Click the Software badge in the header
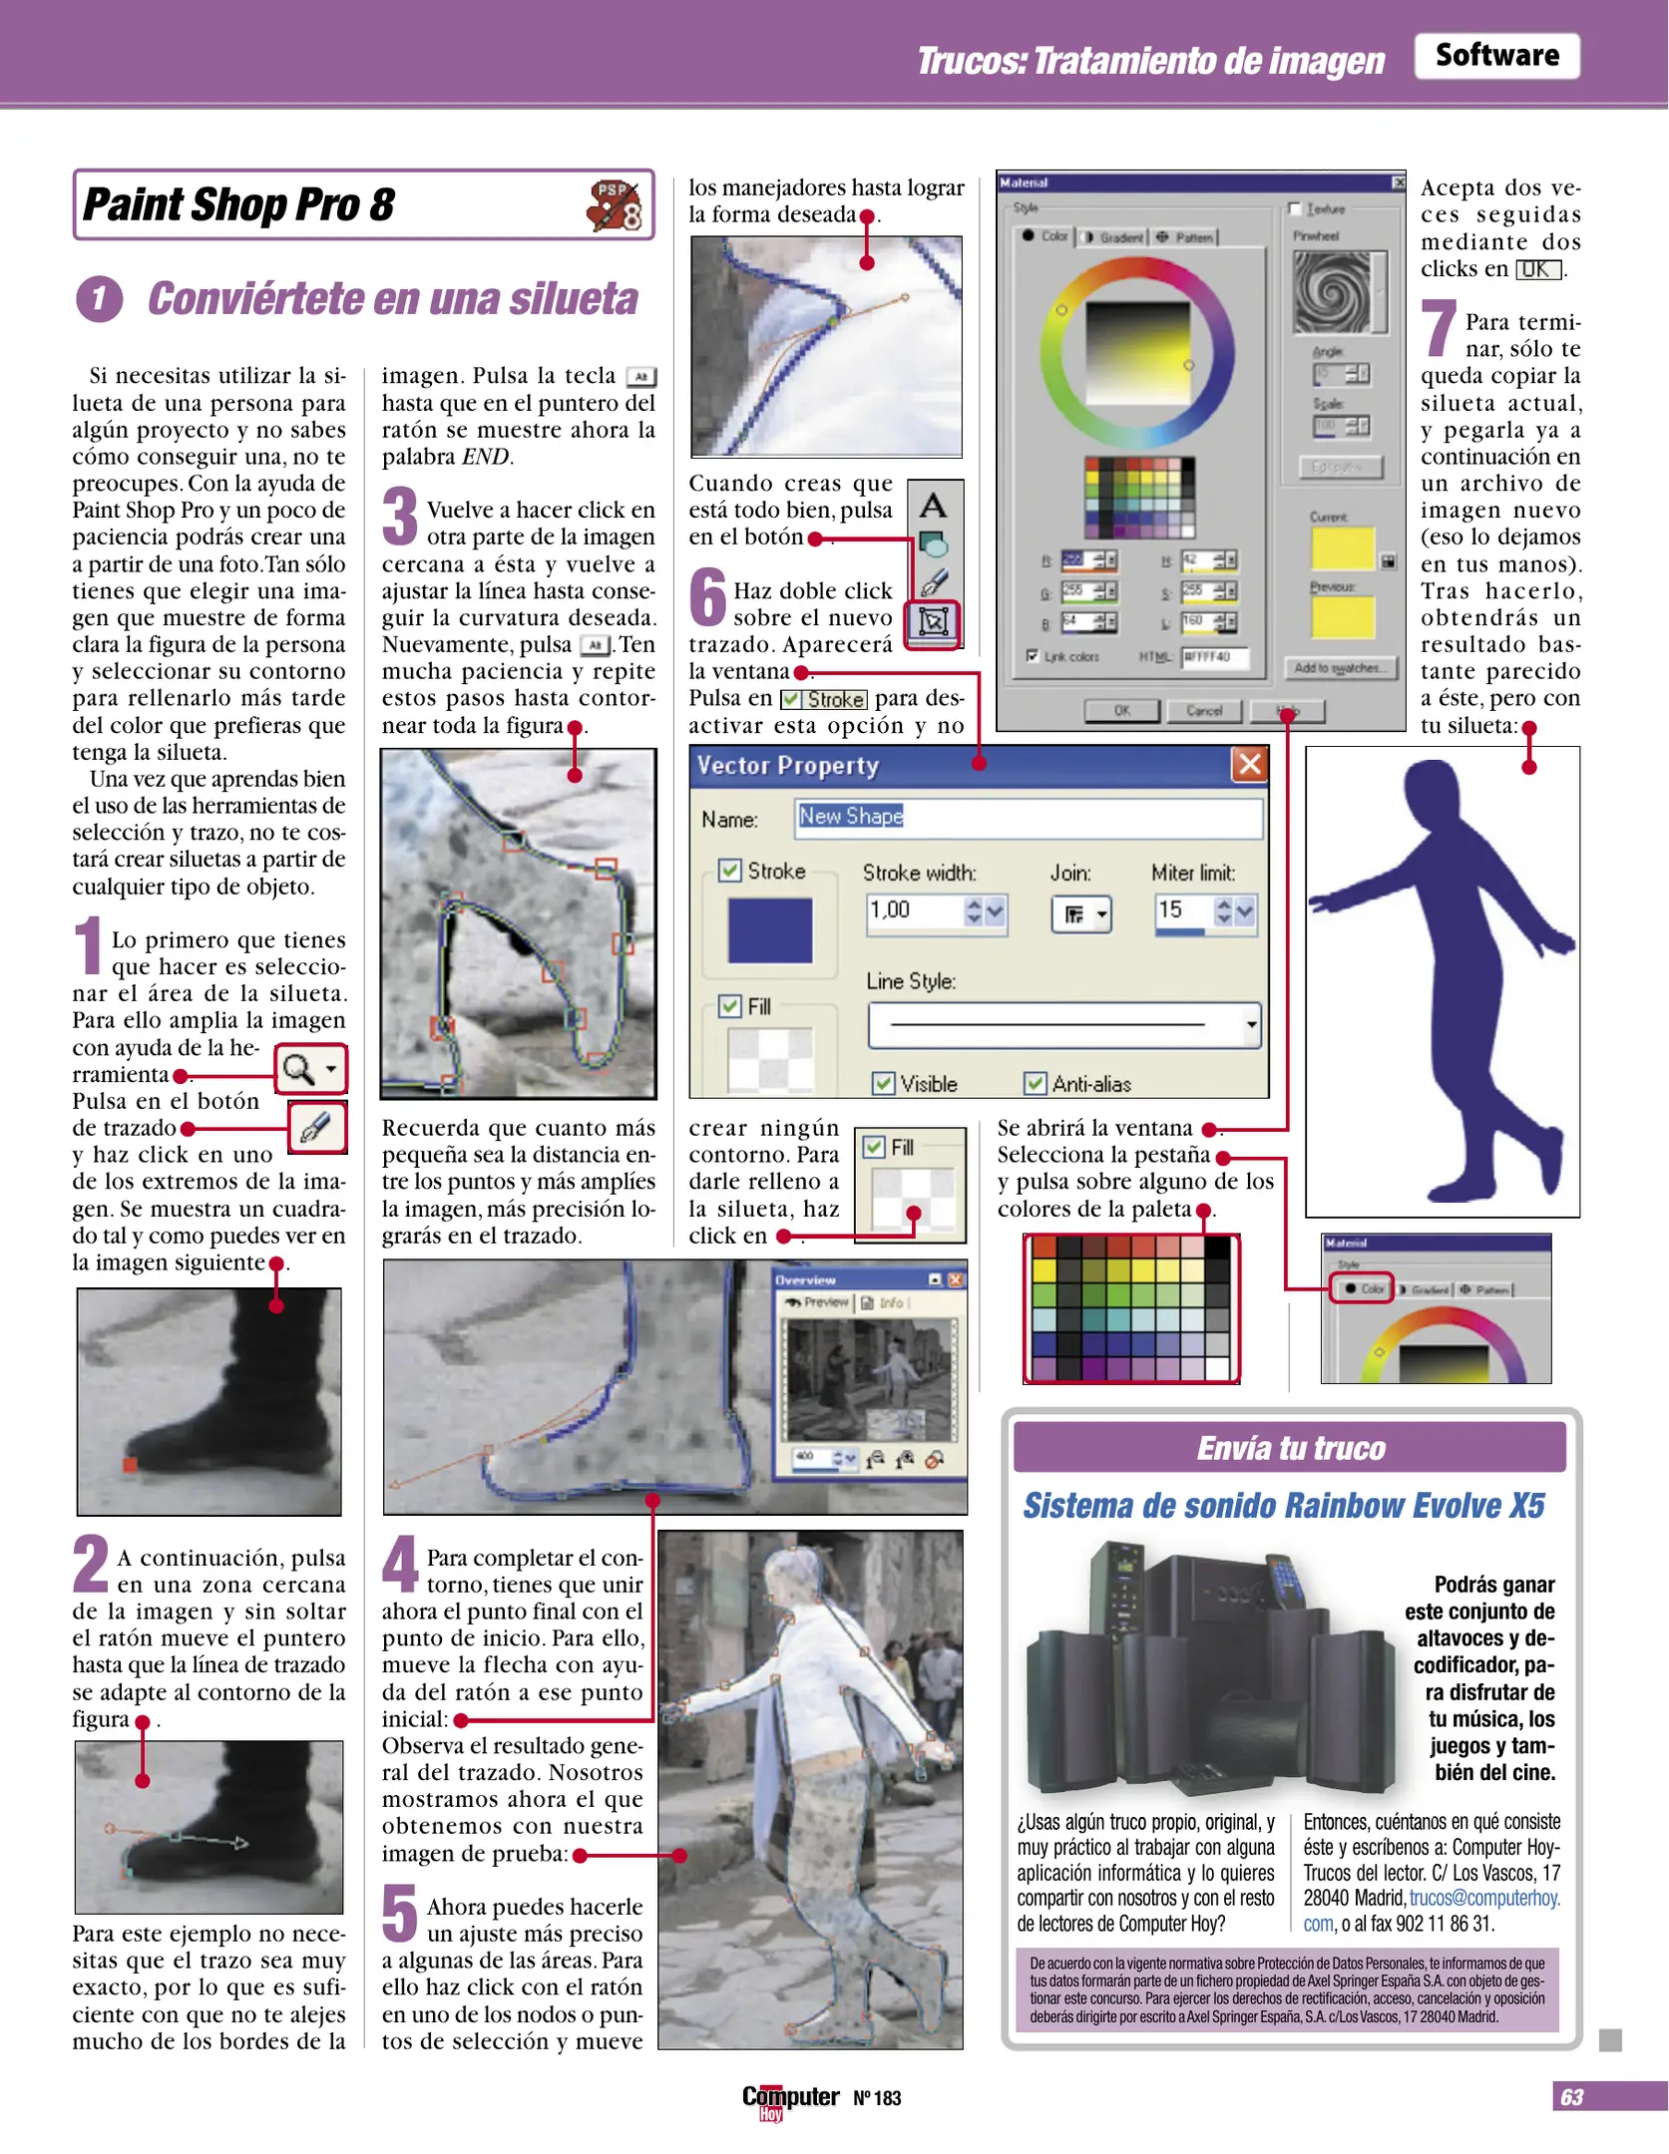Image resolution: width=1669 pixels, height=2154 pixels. click(x=1495, y=56)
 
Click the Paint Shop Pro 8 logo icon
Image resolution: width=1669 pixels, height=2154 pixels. click(x=614, y=205)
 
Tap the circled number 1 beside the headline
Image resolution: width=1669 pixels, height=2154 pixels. click(x=99, y=299)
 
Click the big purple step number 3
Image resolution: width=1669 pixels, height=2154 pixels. click(x=400, y=517)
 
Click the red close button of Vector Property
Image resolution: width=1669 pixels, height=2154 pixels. click(x=1249, y=765)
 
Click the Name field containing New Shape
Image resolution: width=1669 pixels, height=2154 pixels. click(x=1028, y=818)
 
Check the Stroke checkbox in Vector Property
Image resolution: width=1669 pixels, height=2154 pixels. click(x=730, y=871)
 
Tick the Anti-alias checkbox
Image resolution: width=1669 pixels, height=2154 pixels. click(x=1036, y=1083)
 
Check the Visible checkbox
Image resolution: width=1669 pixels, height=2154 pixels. click(x=883, y=1083)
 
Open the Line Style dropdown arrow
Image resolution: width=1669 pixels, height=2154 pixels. click(x=1251, y=1025)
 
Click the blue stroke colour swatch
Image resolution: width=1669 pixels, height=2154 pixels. click(x=769, y=930)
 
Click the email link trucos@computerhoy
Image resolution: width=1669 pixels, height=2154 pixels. click(x=1483, y=1898)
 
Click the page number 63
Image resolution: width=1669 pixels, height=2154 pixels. click(x=1571, y=2097)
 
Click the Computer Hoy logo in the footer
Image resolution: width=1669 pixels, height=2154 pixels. click(x=789, y=2098)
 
